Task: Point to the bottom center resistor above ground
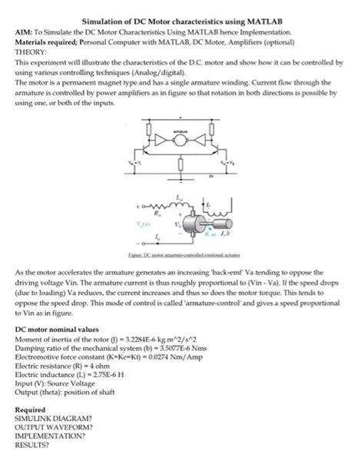click(181, 165)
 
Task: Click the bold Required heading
click(31, 409)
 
